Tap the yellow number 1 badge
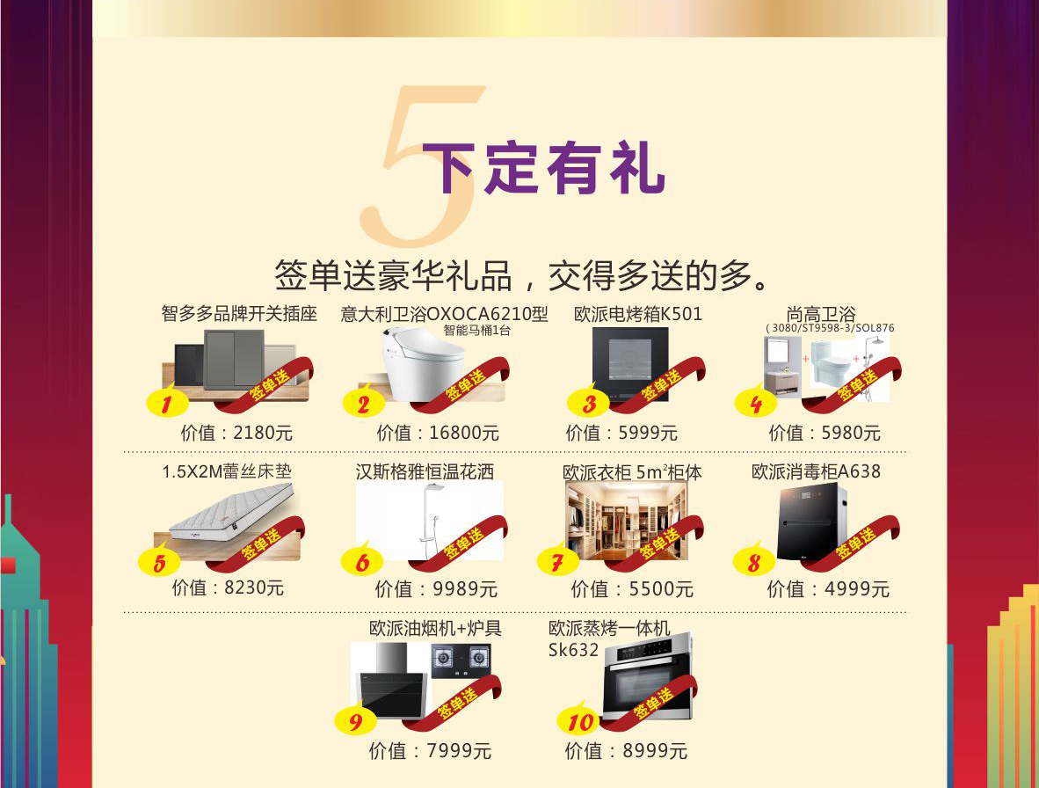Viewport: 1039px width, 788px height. tap(166, 402)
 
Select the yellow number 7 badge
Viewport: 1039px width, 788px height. tap(557, 560)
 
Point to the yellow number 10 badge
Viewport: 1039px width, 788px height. tap(579, 719)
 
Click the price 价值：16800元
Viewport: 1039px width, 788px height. tap(438, 434)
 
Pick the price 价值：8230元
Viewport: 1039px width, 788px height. tap(228, 587)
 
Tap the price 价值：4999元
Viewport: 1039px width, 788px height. tap(828, 589)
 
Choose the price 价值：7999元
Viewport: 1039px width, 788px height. tap(430, 751)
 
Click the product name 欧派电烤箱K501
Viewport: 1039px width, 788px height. tap(637, 313)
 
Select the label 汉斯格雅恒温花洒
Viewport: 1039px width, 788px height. tap(425, 472)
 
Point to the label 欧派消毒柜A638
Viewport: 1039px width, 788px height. tap(816, 472)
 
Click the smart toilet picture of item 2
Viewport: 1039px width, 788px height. tap(423, 363)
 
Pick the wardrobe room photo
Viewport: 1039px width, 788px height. tap(626, 521)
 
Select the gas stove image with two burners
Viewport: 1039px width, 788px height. tap(461, 660)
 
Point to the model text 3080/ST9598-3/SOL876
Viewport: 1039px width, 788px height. tap(830, 328)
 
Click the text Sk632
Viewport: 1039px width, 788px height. tap(573, 650)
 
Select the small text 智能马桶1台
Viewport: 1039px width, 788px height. tap(477, 330)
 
